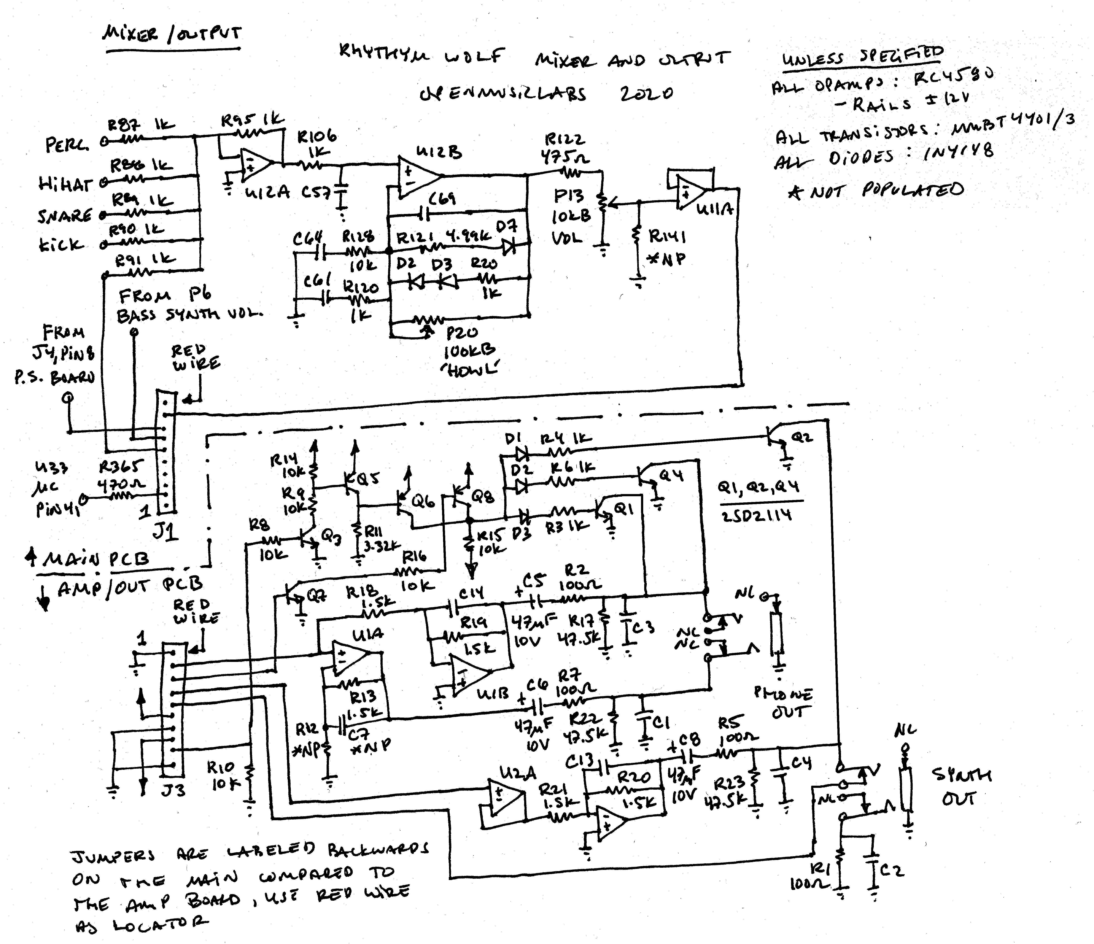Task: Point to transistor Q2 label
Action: (x=802, y=437)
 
